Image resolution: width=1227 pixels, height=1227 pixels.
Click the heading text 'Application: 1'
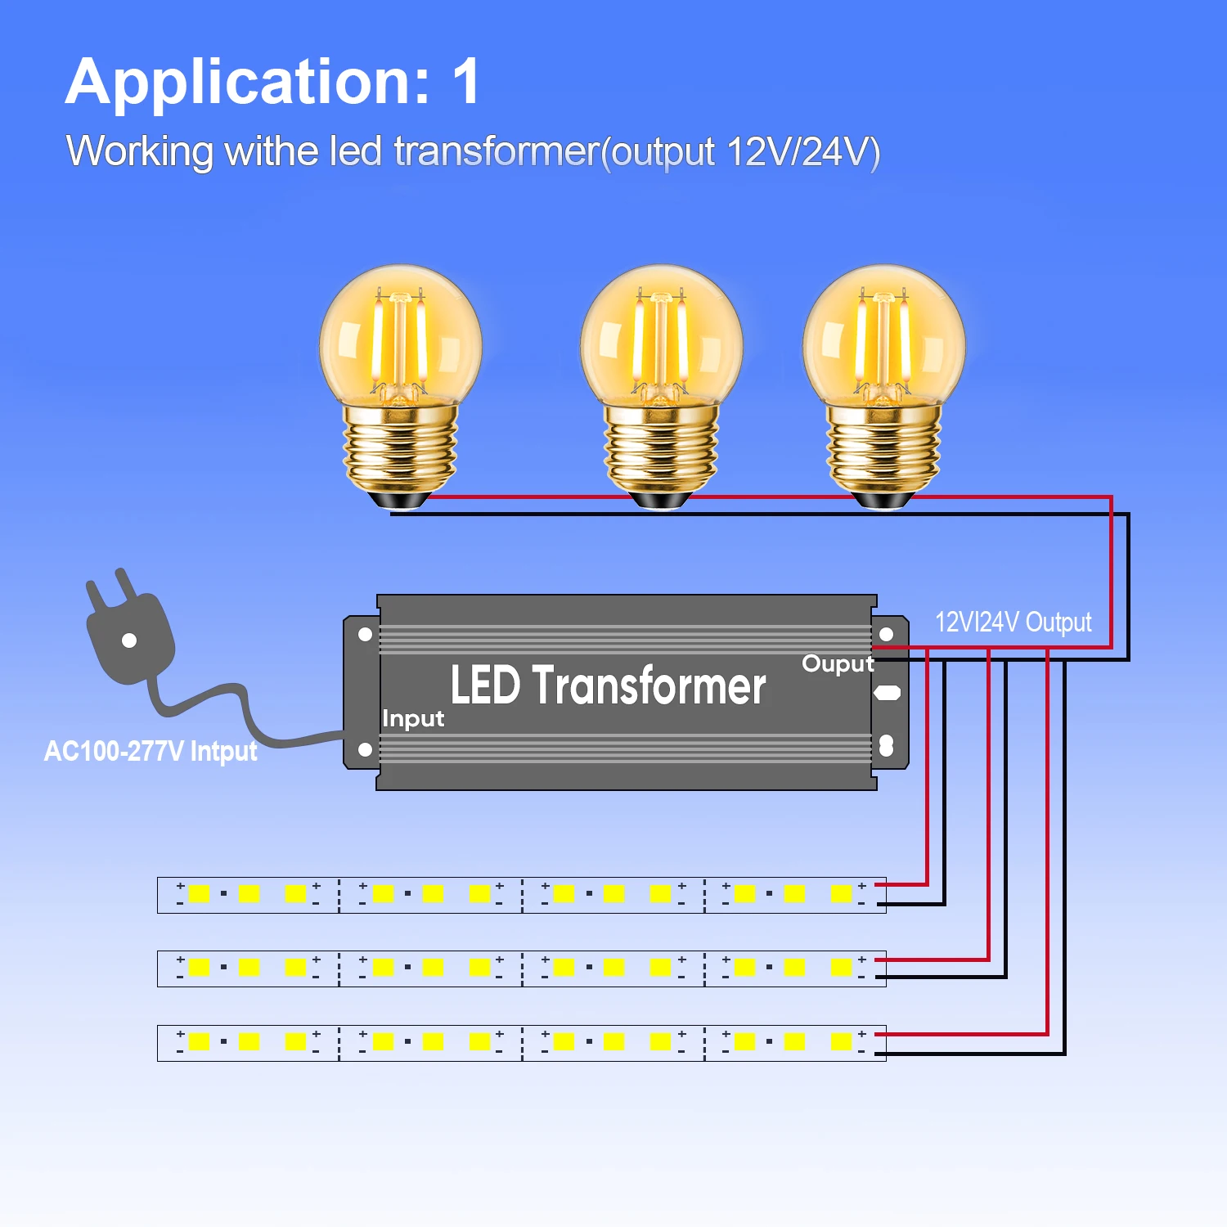point(273,83)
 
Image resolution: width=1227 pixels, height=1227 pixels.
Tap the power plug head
point(131,630)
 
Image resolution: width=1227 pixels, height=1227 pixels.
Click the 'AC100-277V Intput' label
point(151,751)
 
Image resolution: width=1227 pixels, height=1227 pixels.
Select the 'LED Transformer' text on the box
point(609,685)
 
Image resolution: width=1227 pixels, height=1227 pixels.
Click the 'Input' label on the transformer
point(413,719)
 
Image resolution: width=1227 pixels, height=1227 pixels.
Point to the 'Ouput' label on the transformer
point(838,663)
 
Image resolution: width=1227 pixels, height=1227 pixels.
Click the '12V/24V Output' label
point(1013,622)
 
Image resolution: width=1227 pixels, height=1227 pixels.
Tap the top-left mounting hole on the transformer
point(366,634)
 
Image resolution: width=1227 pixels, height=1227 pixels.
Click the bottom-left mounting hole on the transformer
point(366,749)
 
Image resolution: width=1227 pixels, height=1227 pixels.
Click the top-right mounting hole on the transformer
point(886,634)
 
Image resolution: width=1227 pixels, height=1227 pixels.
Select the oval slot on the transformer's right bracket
point(887,693)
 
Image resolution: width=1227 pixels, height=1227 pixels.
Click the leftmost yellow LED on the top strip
point(199,893)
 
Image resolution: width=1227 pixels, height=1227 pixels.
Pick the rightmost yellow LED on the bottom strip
point(841,1041)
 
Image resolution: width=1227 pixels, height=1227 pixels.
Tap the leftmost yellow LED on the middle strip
point(199,967)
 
